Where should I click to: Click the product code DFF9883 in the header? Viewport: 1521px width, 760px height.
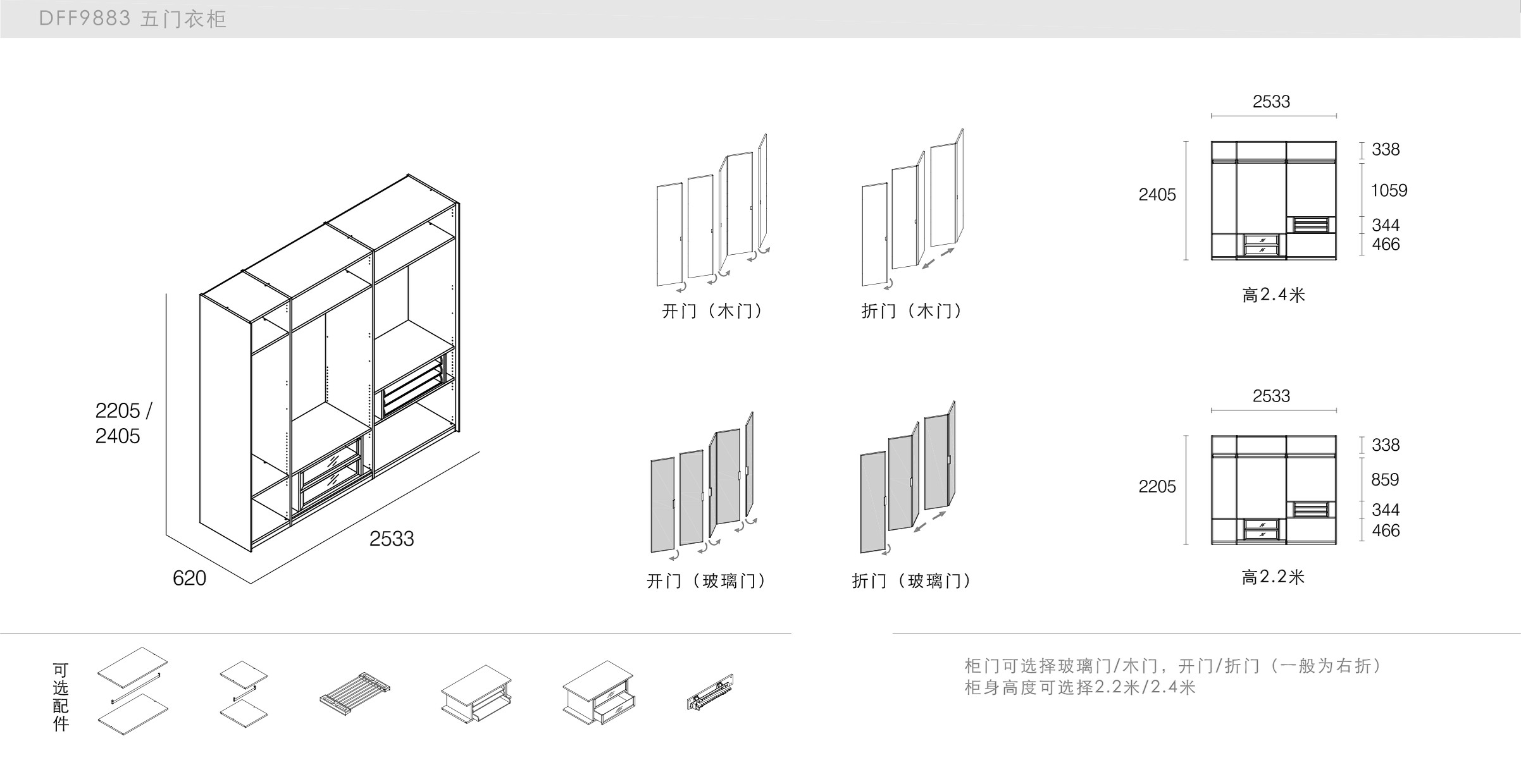coord(85,18)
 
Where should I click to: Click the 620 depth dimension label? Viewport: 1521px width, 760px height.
coord(189,578)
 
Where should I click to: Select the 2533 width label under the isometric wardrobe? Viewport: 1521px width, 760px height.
coord(391,539)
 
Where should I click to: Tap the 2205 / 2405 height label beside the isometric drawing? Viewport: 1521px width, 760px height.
coord(123,423)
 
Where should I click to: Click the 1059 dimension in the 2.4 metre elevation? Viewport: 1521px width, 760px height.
coord(1389,190)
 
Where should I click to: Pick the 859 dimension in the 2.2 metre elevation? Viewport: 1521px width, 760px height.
coord(1385,479)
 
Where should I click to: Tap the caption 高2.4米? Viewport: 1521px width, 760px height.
coord(1273,295)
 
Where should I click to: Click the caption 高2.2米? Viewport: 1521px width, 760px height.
coord(1273,577)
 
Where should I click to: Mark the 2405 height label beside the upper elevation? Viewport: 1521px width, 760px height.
coord(1157,195)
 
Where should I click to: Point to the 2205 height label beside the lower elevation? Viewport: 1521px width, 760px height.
coord(1157,486)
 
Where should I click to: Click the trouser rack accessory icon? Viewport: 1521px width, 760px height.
coord(354,692)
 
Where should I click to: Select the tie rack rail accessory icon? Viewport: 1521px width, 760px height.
coord(710,692)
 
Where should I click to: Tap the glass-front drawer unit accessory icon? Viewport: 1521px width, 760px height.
coord(598,694)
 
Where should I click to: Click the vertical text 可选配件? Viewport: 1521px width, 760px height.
coord(61,697)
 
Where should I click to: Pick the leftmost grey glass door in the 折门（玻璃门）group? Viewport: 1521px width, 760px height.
coord(873,502)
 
